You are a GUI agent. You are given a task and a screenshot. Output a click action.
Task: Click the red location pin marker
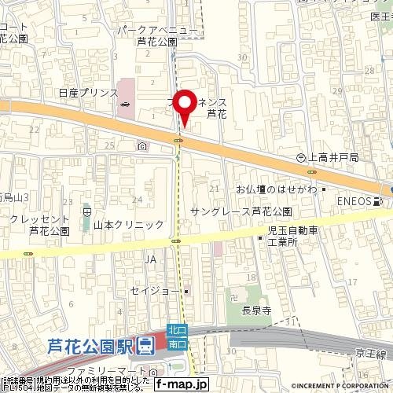tap(183, 106)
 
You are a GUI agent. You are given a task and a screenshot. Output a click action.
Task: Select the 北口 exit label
tap(178, 333)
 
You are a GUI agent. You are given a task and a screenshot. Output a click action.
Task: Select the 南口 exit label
tap(178, 344)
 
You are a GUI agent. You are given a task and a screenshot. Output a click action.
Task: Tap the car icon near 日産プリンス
tap(124, 105)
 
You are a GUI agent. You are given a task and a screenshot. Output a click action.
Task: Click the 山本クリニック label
tap(128, 225)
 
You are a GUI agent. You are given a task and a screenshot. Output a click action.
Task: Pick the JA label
tap(152, 258)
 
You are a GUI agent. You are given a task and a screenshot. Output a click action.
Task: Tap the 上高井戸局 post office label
tap(333, 158)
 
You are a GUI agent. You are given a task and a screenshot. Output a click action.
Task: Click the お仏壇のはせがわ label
tap(276, 189)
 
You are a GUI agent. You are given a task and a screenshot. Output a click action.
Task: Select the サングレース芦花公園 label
tap(241, 212)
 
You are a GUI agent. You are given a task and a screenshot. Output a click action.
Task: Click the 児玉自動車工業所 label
tap(291, 237)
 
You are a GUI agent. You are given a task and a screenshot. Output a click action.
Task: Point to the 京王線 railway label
tap(370, 355)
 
